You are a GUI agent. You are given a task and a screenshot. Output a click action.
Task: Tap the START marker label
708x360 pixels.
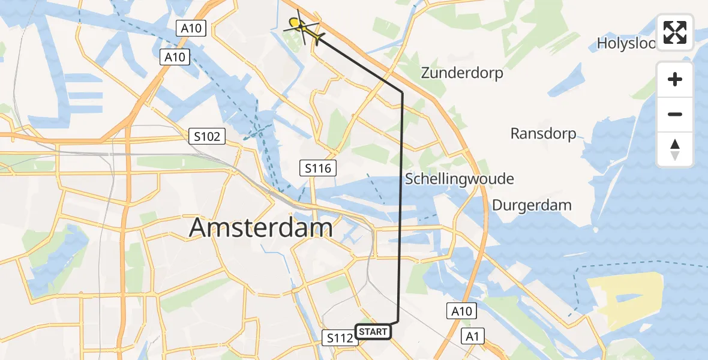tap(374, 331)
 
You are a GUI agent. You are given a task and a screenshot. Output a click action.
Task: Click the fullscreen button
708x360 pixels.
tap(675, 32)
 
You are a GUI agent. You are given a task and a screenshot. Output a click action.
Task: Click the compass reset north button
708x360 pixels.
tap(675, 149)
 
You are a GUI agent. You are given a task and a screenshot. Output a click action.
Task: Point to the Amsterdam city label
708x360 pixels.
tap(261, 229)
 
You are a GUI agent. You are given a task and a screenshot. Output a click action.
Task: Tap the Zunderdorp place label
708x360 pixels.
tap(462, 73)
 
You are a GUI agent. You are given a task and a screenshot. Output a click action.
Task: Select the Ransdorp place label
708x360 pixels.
tap(543, 133)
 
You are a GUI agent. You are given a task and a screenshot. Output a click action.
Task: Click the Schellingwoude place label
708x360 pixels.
tap(460, 179)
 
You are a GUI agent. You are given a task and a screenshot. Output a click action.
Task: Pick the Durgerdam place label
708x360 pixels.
tap(532, 205)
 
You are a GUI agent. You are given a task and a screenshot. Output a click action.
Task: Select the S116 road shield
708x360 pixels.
tap(317, 169)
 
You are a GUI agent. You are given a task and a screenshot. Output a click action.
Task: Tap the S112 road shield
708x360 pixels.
tap(340, 338)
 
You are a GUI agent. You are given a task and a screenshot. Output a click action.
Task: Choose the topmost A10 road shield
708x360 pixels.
tap(191, 28)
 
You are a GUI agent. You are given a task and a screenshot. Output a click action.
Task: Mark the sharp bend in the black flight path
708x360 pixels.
tap(402, 92)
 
